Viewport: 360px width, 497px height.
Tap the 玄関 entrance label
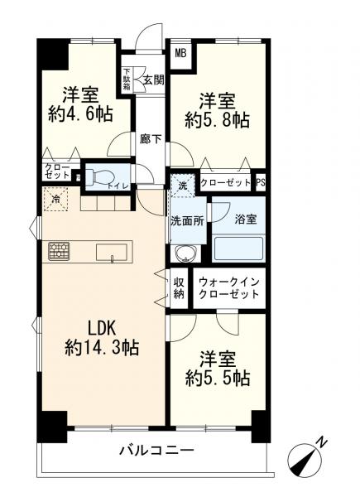[152, 80]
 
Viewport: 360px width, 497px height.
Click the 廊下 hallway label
[150, 139]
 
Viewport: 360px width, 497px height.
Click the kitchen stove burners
[60, 250]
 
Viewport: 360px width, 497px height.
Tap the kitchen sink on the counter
[112, 251]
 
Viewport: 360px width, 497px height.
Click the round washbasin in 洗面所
[184, 253]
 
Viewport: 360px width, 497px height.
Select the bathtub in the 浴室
[238, 248]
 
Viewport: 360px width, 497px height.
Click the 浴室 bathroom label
[246, 219]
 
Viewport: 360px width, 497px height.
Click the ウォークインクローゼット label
[229, 289]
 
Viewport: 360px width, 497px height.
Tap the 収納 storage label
[179, 289]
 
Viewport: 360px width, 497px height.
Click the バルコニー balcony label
[156, 451]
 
